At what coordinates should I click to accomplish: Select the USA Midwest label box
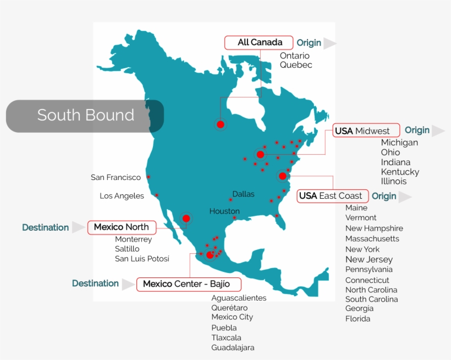click(365, 131)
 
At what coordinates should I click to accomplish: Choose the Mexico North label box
click(122, 227)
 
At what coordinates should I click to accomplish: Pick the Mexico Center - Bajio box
click(190, 284)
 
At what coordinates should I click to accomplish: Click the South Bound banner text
click(85, 115)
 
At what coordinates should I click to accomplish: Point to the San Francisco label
click(116, 177)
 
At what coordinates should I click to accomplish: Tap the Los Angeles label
click(122, 196)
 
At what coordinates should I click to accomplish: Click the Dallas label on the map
click(243, 194)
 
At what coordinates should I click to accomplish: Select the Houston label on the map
click(224, 211)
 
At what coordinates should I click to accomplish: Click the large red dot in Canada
click(221, 124)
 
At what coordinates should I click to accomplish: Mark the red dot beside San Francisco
click(148, 177)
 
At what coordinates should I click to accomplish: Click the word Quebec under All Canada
click(296, 65)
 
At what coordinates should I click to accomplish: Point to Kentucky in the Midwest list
click(400, 172)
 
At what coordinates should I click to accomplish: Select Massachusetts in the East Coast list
click(372, 239)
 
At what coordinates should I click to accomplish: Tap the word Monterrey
click(133, 239)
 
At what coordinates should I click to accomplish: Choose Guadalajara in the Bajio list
click(233, 347)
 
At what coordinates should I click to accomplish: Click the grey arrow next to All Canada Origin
click(329, 43)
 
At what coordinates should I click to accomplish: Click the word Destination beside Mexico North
click(46, 227)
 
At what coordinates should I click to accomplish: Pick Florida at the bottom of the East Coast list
click(358, 319)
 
